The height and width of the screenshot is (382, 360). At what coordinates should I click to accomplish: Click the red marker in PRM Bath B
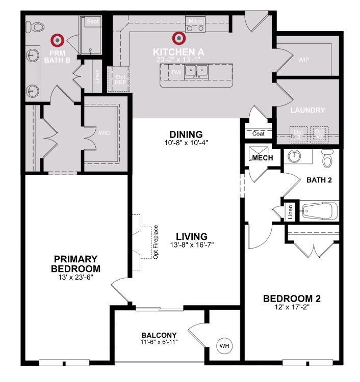click(58, 39)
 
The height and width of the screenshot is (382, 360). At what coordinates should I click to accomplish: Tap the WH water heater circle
click(224, 346)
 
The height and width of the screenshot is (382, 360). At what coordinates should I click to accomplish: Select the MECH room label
click(263, 158)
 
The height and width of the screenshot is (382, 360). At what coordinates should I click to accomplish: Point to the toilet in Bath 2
click(327, 158)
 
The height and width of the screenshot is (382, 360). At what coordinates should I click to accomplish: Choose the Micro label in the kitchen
click(196, 21)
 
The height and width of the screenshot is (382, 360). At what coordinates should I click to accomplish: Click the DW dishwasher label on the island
click(176, 73)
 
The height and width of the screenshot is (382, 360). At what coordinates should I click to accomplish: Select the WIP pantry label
click(303, 60)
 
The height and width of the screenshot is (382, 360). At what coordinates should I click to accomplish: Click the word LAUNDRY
click(307, 110)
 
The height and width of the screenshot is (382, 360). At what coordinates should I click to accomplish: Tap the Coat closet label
click(259, 133)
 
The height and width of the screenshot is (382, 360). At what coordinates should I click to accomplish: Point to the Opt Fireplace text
click(156, 242)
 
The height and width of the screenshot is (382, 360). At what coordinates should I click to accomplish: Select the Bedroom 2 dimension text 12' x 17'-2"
click(292, 307)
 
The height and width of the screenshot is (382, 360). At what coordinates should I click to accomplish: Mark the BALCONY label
click(159, 335)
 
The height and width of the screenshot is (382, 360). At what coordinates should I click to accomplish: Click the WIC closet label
click(104, 132)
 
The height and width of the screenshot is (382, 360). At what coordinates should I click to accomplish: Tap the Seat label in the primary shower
click(92, 21)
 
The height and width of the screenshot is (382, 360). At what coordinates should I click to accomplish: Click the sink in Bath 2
click(294, 155)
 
